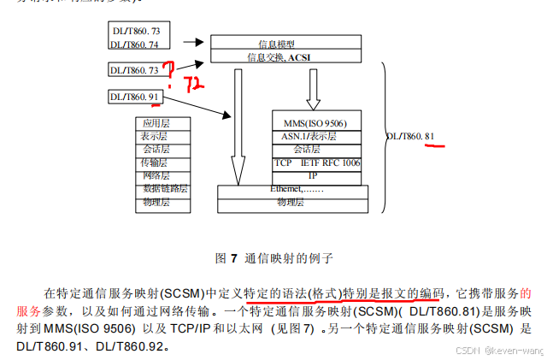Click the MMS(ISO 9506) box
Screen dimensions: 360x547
(315, 123)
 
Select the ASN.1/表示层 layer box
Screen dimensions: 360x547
(315, 136)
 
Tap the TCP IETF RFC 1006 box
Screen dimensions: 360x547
(315, 162)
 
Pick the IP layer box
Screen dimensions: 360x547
(315, 174)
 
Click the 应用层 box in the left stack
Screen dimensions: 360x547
(155, 123)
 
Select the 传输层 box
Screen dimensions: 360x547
(155, 162)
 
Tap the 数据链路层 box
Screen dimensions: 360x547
(165, 188)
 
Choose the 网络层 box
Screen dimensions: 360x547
(155, 175)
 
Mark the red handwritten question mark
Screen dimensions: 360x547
(169, 72)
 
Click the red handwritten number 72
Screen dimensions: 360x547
(194, 84)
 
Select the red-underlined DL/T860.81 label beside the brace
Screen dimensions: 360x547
(412, 136)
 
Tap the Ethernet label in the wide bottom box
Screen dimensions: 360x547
(295, 188)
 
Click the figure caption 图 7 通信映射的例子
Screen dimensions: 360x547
(273, 257)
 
